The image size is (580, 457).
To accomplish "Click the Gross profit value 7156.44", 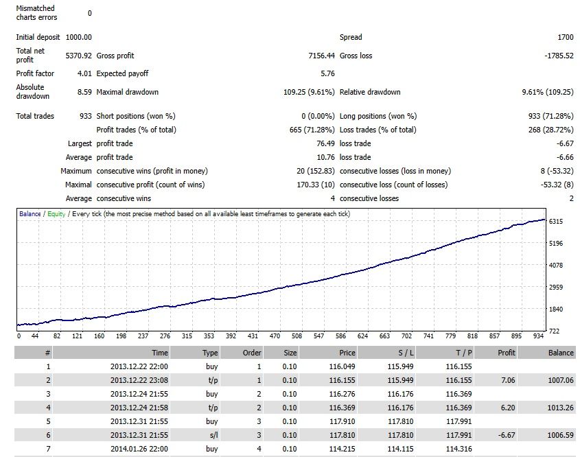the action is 321,56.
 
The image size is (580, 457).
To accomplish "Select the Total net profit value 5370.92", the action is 78,56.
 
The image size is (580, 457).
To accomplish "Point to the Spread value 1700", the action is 565,37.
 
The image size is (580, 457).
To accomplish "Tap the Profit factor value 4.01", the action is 84,73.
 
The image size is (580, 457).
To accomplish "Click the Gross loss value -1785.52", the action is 559,56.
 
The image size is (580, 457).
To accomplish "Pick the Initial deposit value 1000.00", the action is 78,37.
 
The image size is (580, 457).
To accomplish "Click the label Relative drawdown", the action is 370,92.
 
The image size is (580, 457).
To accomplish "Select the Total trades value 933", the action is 85,116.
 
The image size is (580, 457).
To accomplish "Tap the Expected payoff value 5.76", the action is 327,73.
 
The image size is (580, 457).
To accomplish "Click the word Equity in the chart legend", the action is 56,213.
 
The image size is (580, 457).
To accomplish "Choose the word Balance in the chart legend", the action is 30,213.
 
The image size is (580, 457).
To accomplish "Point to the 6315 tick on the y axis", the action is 555,221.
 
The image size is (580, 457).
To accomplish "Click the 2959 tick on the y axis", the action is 555,287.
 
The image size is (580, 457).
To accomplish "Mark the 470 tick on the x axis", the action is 275,336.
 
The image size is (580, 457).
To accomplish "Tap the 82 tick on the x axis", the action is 56,336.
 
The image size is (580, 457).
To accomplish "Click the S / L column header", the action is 406,353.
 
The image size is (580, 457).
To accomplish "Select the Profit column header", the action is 507,353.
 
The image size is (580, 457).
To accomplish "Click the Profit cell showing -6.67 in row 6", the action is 507,435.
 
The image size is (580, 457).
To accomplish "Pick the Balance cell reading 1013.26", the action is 560,408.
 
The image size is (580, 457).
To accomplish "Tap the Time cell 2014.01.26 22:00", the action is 139,449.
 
